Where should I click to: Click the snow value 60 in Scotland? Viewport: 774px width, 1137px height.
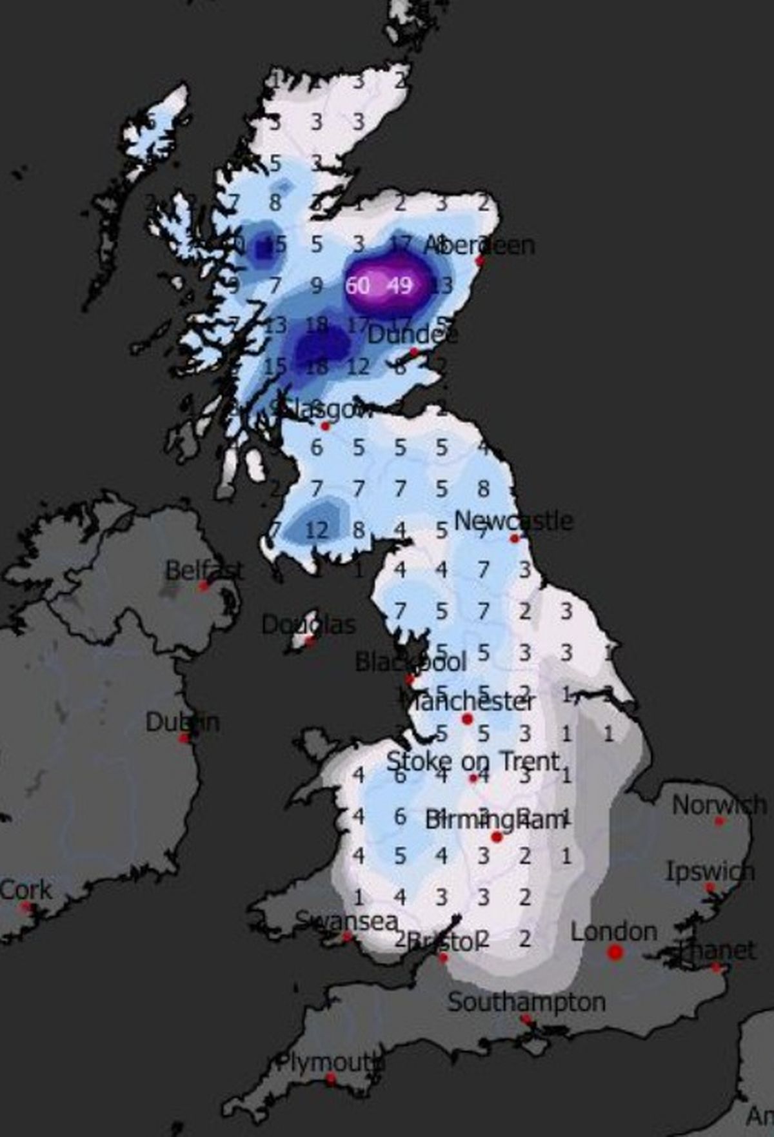coord(357,284)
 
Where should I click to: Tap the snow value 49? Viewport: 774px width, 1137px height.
coord(399,284)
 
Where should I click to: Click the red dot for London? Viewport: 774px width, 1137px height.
coord(615,952)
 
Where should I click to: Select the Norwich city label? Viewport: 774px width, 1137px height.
coord(719,805)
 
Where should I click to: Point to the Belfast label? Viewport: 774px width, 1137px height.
coord(204,570)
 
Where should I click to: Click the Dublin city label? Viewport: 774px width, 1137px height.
coord(182,722)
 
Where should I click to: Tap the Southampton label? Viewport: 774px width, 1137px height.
coord(526,1002)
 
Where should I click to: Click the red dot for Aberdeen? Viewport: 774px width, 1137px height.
coord(480,261)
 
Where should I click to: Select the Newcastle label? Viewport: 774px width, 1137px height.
coord(513,520)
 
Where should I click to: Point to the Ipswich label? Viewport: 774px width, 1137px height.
coord(709,871)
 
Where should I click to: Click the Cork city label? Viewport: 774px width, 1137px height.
coord(26,890)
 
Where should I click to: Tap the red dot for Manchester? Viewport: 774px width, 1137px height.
coord(468,718)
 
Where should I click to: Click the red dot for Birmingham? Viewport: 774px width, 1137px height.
coord(497,837)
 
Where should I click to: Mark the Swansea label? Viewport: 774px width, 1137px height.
coord(346,921)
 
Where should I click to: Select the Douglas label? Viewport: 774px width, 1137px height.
coord(308,624)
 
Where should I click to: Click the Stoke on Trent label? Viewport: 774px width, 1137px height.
coord(473,762)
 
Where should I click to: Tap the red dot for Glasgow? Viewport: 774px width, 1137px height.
coord(325,426)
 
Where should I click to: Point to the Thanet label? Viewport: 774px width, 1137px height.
coord(716,951)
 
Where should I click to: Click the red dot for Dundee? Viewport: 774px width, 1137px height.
coord(414,352)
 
